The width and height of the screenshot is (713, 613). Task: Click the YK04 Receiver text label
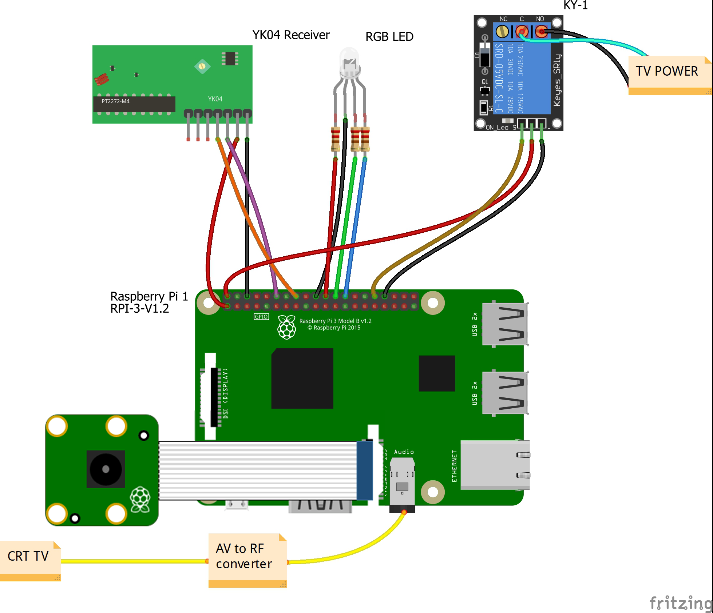pos(291,35)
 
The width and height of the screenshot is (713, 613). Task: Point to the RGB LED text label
pos(389,37)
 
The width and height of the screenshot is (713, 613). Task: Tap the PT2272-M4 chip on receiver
pos(134,104)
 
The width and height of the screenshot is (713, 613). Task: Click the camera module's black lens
pos(106,469)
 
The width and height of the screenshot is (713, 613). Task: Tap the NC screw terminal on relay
pos(503,31)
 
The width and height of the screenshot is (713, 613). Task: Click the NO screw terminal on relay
pos(541,31)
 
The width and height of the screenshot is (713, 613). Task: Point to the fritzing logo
pos(681,602)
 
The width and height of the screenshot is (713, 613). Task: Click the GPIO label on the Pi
pos(261,317)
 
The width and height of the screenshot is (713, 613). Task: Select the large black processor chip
pos(302,378)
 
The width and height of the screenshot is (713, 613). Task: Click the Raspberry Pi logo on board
pos(286,327)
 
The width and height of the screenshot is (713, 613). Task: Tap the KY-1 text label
pos(575,5)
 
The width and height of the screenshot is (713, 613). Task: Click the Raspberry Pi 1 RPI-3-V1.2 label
pos(149,302)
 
